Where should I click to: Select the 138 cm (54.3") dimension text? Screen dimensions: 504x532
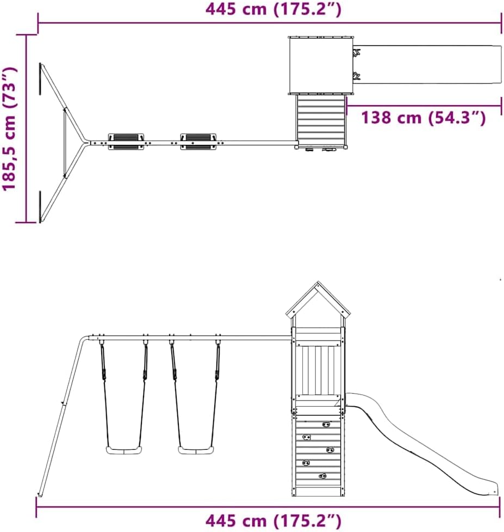point(424,118)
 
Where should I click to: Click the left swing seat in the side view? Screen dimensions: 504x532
point(124,450)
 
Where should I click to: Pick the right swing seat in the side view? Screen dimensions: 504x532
point(196,450)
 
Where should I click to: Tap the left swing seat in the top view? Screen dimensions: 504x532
point(126,142)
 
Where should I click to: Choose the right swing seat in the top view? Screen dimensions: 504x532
point(198,142)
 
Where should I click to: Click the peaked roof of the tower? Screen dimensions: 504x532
point(318,301)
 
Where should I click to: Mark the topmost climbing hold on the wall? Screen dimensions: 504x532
point(326,424)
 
